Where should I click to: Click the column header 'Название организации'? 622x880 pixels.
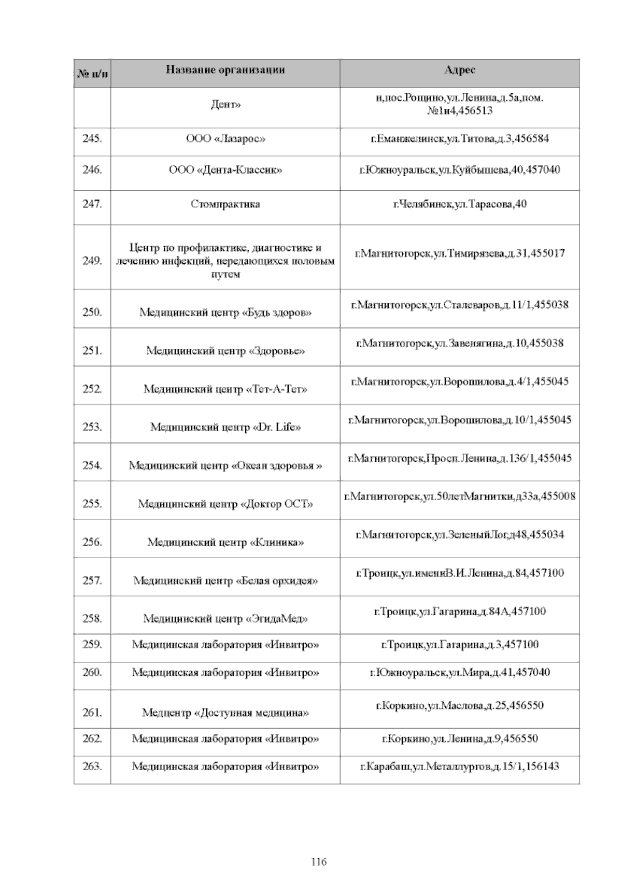[225, 70]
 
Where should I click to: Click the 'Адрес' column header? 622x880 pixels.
[459, 70]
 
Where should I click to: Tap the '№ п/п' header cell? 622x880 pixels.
[92, 74]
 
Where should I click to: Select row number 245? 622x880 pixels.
[92, 139]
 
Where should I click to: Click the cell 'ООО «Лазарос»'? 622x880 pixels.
[225, 139]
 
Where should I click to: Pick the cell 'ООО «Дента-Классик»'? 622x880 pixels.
[225, 170]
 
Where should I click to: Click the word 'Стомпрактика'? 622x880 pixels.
[225, 204]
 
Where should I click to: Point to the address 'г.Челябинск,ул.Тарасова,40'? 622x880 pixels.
[459, 204]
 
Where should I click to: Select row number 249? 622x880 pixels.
[92, 261]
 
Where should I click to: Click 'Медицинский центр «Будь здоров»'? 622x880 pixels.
[225, 313]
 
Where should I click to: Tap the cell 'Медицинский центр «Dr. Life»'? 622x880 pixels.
[225, 428]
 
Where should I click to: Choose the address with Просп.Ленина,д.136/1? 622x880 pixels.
[459, 458]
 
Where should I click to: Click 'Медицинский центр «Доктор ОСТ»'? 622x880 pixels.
[225, 504]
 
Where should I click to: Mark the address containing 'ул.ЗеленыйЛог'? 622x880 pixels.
[459, 535]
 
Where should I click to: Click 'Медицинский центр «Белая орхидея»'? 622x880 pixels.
[225, 580]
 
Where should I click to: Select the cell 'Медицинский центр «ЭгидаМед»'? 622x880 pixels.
[225, 619]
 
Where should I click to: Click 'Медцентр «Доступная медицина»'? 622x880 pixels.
[225, 713]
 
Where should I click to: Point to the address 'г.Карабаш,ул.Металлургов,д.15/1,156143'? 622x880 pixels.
[459, 767]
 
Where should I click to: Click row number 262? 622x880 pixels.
[92, 739]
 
